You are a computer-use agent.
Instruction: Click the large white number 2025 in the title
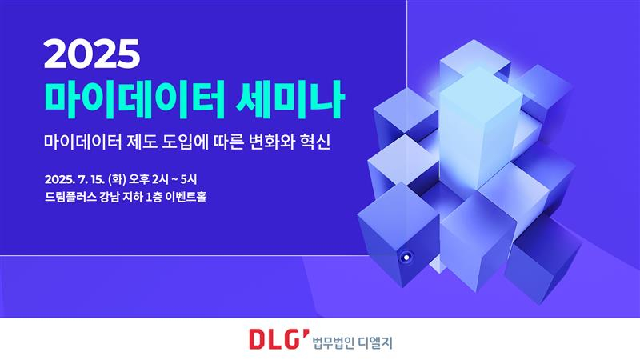[x=93, y=54]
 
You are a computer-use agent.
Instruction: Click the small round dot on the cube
[x=406, y=257]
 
